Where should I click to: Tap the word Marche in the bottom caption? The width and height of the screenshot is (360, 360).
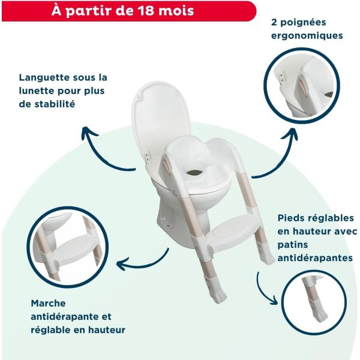tap(48, 304)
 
